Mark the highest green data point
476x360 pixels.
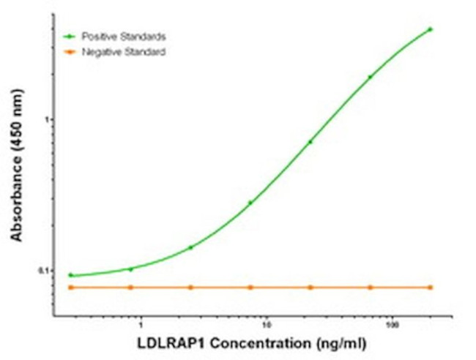pyautogui.click(x=430, y=29)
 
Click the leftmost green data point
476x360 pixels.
pyautogui.click(x=71, y=275)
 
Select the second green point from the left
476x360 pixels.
pyautogui.click(x=131, y=269)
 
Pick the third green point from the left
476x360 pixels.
pyautogui.click(x=191, y=247)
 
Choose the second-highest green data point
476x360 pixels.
pyautogui.click(x=370, y=77)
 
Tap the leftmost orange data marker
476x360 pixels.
pyautogui.click(x=71, y=288)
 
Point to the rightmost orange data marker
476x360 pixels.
pyautogui.click(x=430, y=288)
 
